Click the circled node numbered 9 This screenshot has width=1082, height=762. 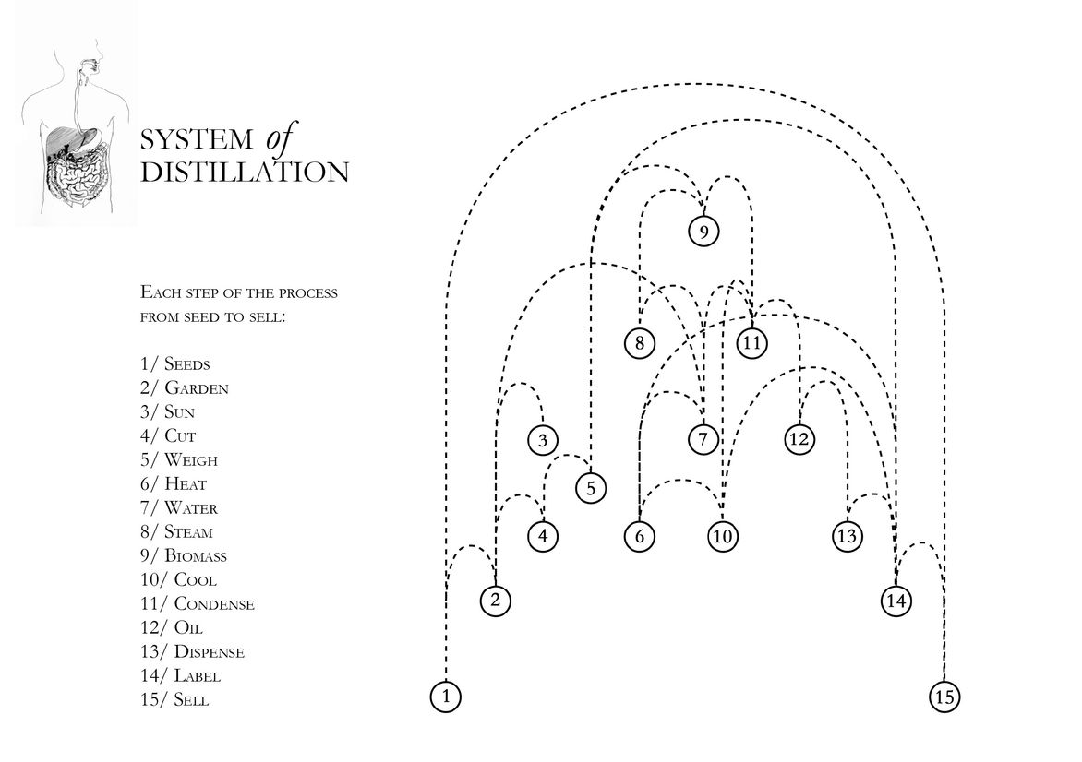point(703,232)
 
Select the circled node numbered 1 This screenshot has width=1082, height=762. point(446,696)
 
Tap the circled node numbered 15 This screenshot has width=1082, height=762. point(944,697)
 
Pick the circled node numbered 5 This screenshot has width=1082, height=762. point(591,487)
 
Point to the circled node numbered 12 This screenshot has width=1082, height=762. point(799,439)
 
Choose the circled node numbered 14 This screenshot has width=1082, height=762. point(896,601)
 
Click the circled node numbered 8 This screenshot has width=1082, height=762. point(639,343)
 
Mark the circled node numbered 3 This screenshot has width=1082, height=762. point(543,440)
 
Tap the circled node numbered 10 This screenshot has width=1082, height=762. point(722,535)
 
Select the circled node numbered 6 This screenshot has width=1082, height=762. point(639,535)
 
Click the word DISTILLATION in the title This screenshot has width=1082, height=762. point(245,173)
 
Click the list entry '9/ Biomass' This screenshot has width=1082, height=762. point(184,556)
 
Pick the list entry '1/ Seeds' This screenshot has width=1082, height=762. point(175,364)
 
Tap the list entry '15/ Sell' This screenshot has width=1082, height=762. point(174,700)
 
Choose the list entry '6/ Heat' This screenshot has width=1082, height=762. point(174,484)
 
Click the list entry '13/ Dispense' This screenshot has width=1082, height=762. point(193,652)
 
